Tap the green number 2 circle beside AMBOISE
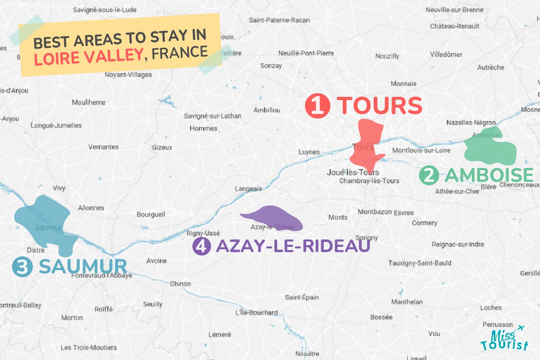click(x=429, y=176)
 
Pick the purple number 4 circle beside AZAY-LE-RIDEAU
click(x=201, y=247)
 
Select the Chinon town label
click(x=180, y=284)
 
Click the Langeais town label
click(x=248, y=189)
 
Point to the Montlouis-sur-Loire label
click(x=421, y=151)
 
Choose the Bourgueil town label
click(x=151, y=214)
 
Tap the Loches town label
click(x=491, y=308)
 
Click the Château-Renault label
click(x=454, y=26)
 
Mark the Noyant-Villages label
click(x=128, y=75)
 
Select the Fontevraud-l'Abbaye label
click(x=102, y=276)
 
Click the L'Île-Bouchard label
click(x=256, y=313)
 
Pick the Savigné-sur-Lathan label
click(x=212, y=116)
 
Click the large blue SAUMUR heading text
click(x=83, y=267)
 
